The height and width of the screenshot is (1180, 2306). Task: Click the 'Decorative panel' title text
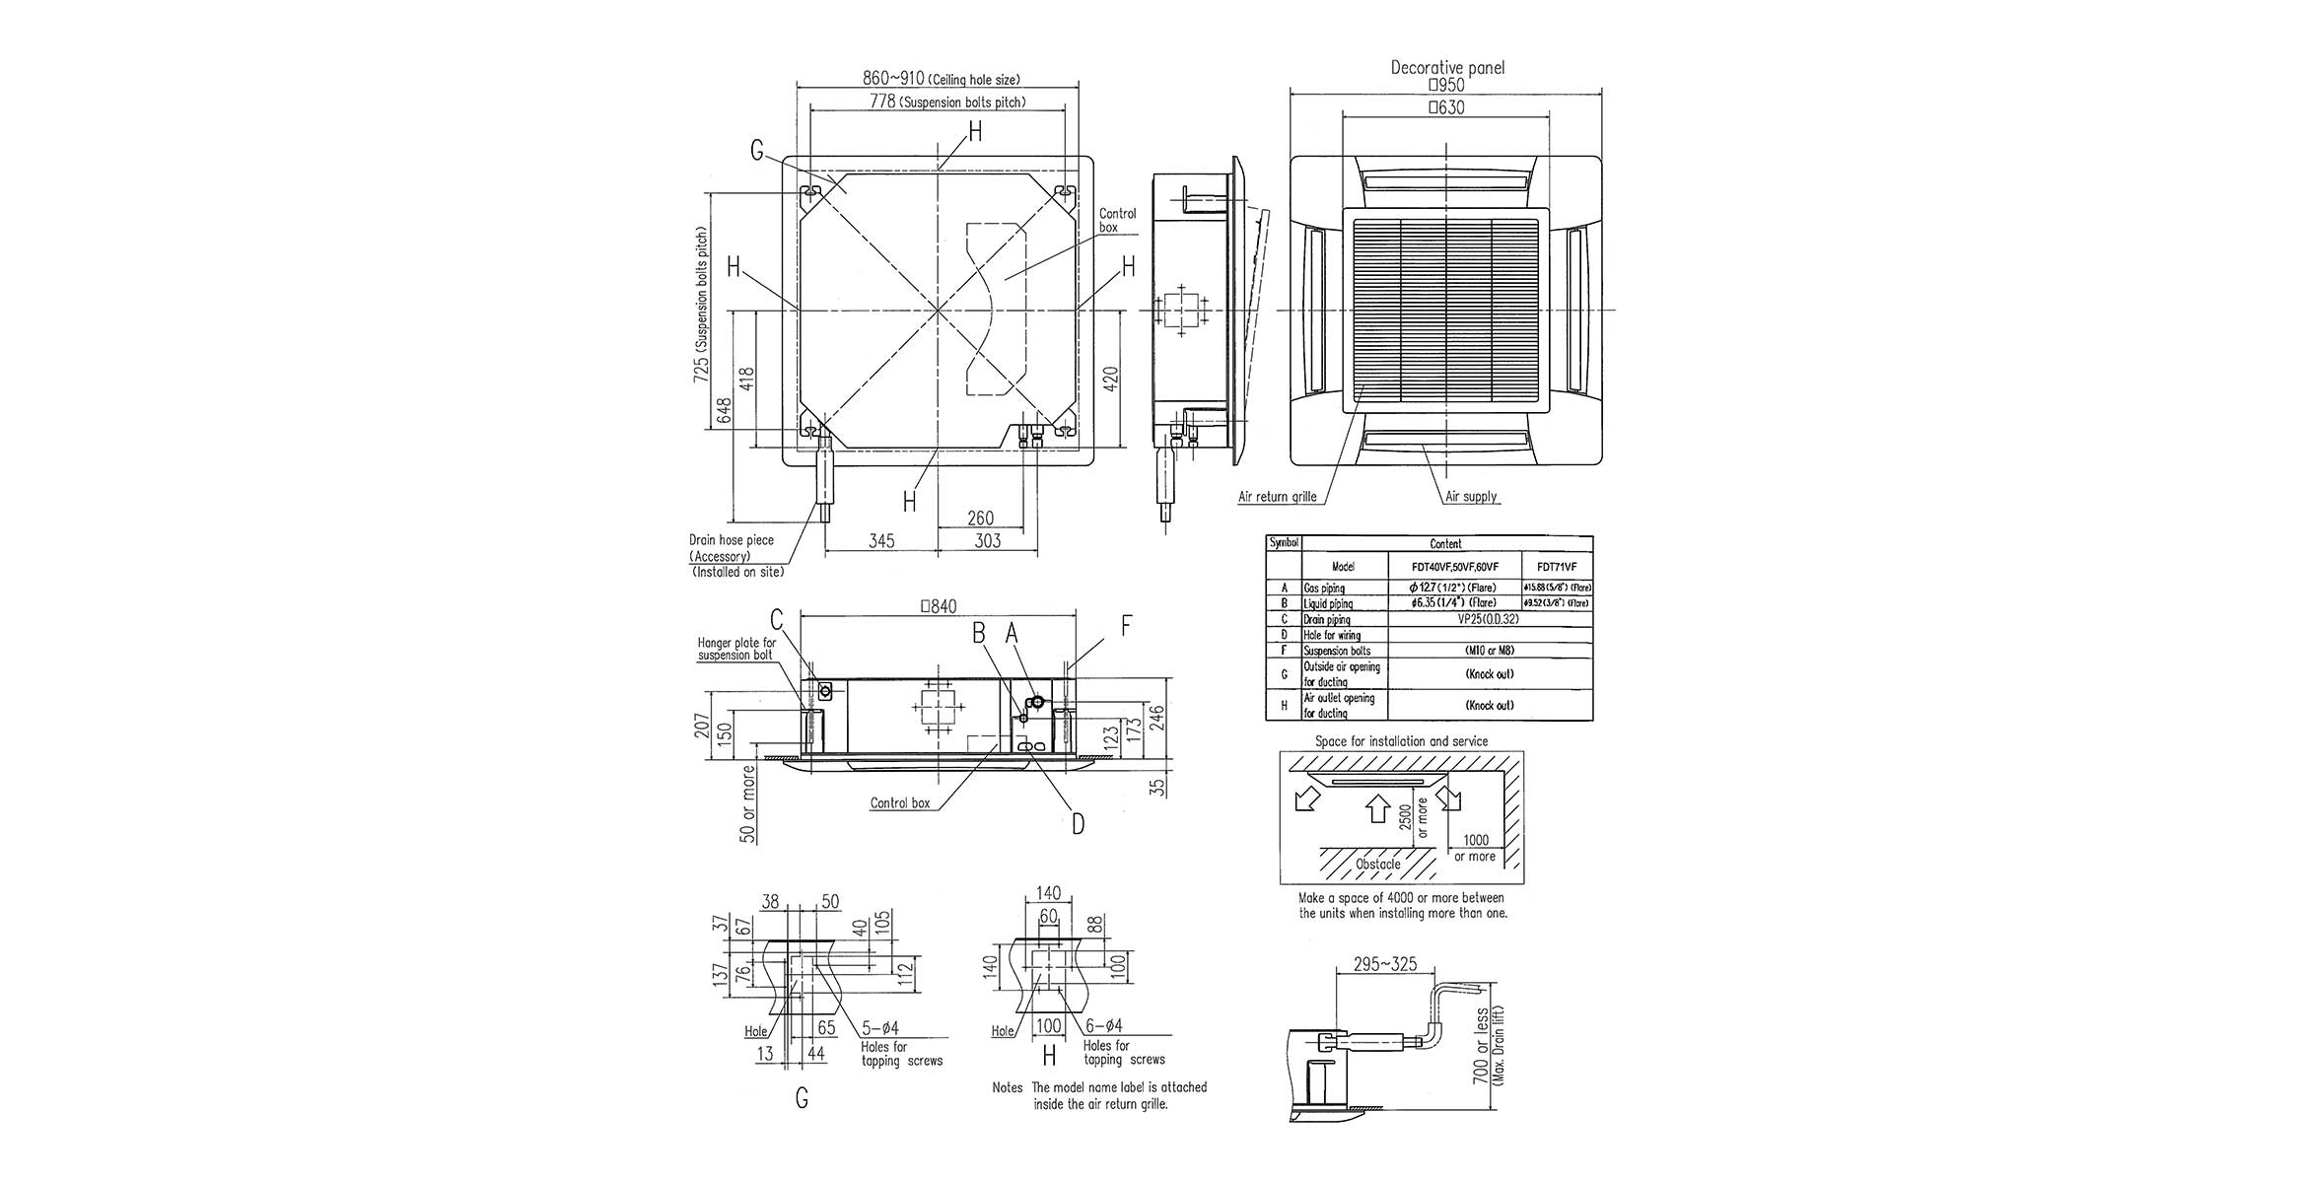point(1446,68)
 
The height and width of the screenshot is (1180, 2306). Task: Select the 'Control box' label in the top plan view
point(1118,220)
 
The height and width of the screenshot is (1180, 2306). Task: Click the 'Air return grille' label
point(1277,497)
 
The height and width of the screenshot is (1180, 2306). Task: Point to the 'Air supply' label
point(1471,497)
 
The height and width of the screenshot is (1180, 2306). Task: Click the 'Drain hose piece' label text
point(731,540)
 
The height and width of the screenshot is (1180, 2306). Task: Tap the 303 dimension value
point(987,541)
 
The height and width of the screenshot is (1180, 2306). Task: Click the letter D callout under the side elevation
point(1078,823)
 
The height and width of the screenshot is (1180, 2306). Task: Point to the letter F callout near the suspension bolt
point(1126,625)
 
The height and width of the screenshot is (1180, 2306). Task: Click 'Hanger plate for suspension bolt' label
point(736,649)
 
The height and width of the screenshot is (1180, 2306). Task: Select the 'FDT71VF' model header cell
point(1557,567)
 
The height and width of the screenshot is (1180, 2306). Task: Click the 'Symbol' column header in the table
point(1284,543)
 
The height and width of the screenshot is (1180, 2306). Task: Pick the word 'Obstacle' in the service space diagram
point(1377,865)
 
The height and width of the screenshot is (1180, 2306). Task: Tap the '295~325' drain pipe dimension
point(1385,964)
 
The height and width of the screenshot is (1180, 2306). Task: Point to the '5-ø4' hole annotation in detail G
point(878,1029)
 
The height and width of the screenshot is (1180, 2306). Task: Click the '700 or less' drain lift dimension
point(1480,1060)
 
